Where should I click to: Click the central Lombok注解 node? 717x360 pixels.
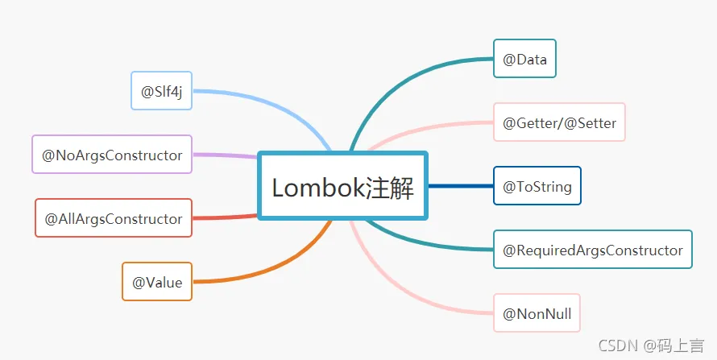click(342, 186)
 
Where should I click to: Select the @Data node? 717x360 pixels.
click(524, 60)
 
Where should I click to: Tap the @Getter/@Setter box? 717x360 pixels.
click(559, 123)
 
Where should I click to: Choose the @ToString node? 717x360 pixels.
click(537, 186)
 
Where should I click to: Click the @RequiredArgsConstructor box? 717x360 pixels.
click(592, 250)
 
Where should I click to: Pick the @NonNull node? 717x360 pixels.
click(537, 313)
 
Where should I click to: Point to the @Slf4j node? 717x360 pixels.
click(161, 91)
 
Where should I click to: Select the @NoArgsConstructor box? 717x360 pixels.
click(112, 155)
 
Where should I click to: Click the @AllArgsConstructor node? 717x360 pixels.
click(113, 218)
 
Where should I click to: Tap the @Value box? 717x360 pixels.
click(156, 282)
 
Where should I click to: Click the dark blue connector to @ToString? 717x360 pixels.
click(460, 186)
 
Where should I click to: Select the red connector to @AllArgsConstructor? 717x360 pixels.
click(226, 217)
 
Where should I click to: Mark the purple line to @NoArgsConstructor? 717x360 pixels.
click(226, 155)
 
